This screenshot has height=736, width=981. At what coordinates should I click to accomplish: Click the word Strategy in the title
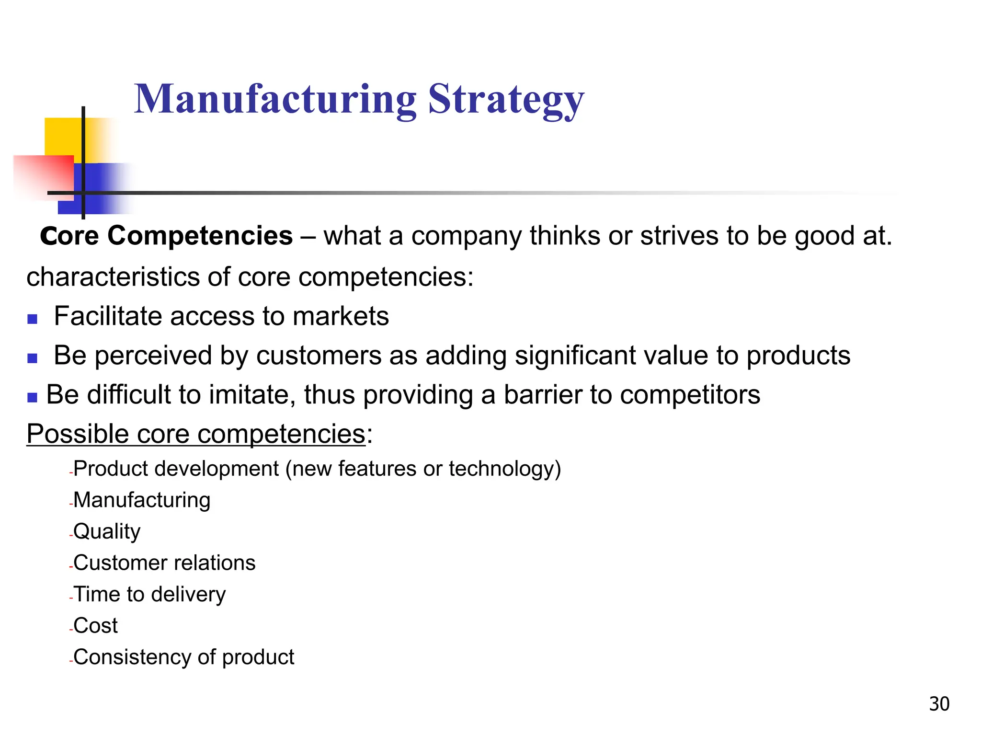coord(506,100)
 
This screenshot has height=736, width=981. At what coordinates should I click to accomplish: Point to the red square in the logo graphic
coord(43,175)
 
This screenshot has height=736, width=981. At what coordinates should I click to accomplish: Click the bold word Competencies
coord(200,236)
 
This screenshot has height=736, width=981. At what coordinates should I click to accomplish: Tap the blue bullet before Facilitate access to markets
coord(33,319)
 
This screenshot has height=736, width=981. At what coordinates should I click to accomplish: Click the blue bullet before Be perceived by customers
coord(33,358)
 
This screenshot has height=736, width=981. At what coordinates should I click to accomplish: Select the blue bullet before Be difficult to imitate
coord(33,397)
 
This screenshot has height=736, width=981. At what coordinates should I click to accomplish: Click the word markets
coord(341,316)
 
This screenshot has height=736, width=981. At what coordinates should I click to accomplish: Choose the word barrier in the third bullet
coord(542,395)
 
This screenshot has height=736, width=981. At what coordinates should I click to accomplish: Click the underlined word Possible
coord(78,434)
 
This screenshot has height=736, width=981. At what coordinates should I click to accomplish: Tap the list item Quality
coord(107,531)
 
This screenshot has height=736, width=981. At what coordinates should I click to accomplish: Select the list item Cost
coord(95,625)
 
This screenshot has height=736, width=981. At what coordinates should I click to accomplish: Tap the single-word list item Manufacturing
coord(142,500)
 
